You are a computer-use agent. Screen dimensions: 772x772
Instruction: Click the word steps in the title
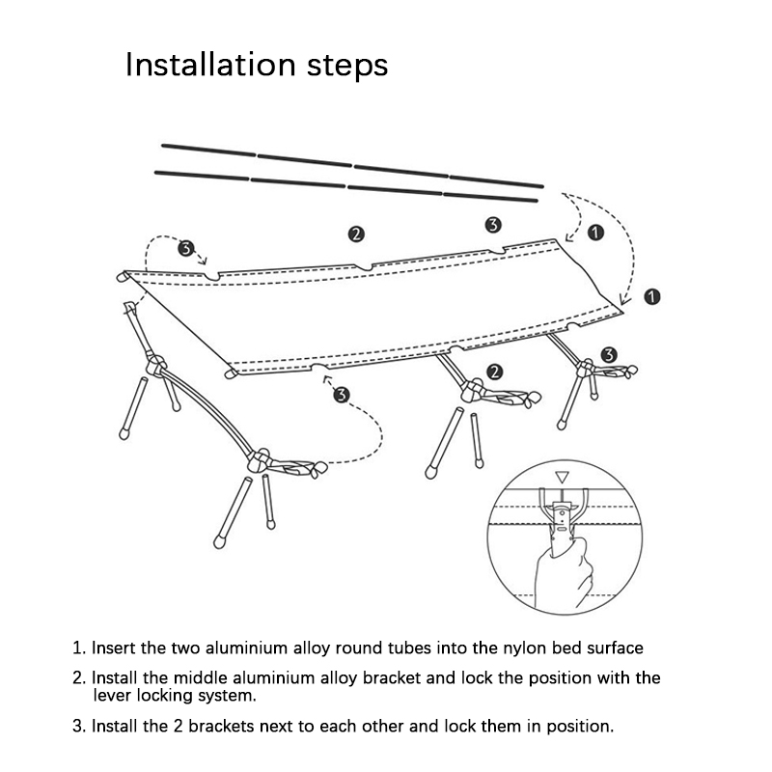point(344,67)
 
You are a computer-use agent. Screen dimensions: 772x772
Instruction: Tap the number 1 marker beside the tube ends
point(594,232)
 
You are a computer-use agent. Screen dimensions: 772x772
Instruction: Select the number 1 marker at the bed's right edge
point(652,296)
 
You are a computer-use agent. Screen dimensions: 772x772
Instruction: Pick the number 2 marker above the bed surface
point(356,234)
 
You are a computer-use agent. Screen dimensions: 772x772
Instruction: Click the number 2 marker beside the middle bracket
point(495,372)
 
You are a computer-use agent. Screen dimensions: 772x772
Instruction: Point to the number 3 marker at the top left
point(186,249)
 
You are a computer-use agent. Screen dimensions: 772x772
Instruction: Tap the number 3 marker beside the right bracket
point(608,355)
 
